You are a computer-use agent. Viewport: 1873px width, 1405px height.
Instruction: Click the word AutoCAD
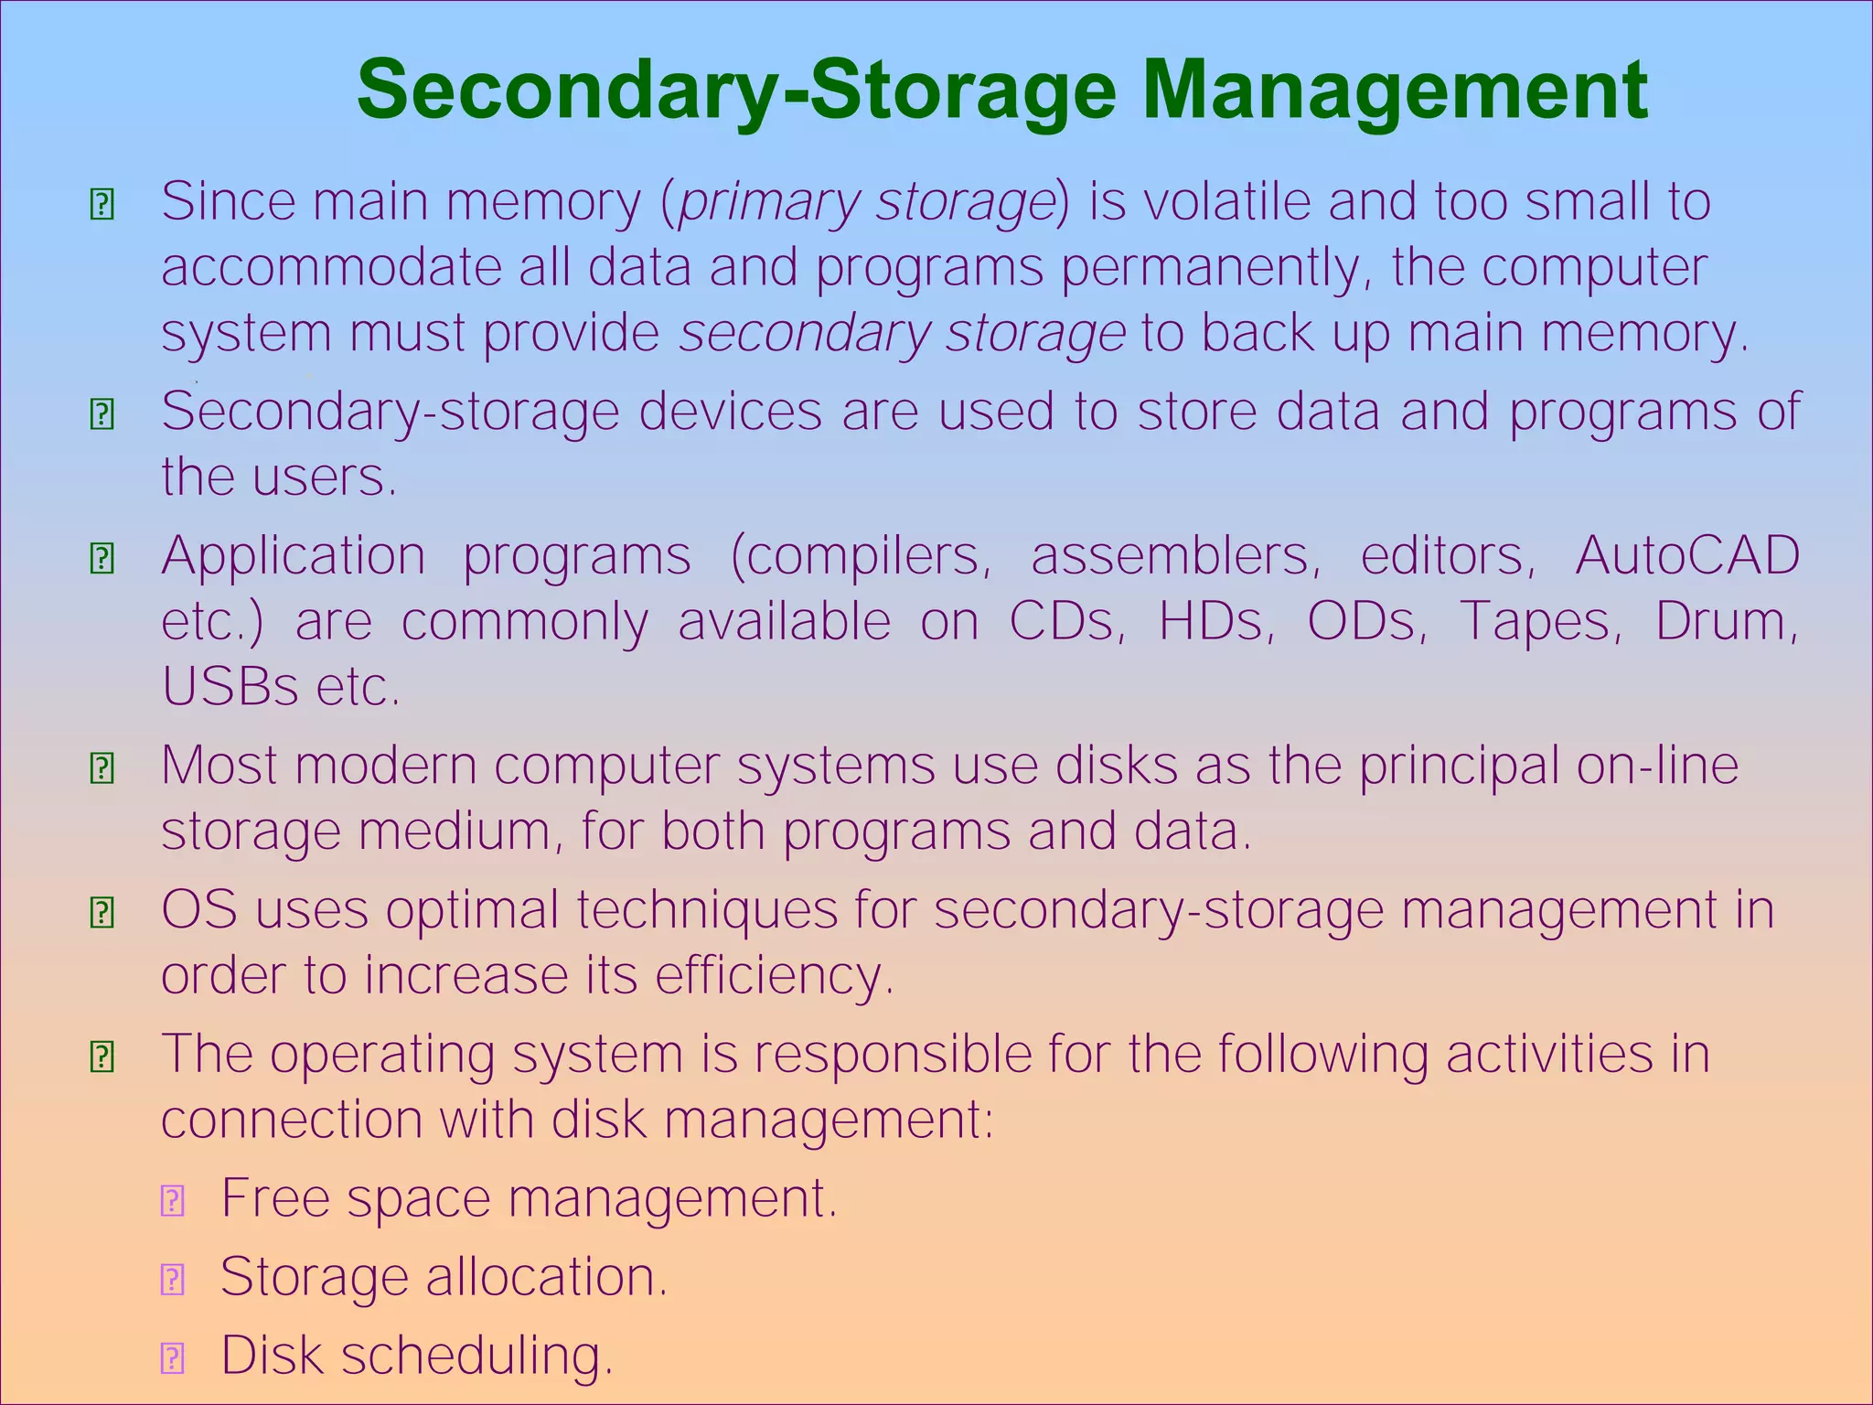1687,555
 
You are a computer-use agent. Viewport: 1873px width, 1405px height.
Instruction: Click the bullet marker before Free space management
173,1200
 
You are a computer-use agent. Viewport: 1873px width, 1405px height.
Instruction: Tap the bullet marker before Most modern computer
102,767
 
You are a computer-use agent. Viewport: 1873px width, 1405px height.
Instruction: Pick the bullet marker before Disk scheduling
173,1358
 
